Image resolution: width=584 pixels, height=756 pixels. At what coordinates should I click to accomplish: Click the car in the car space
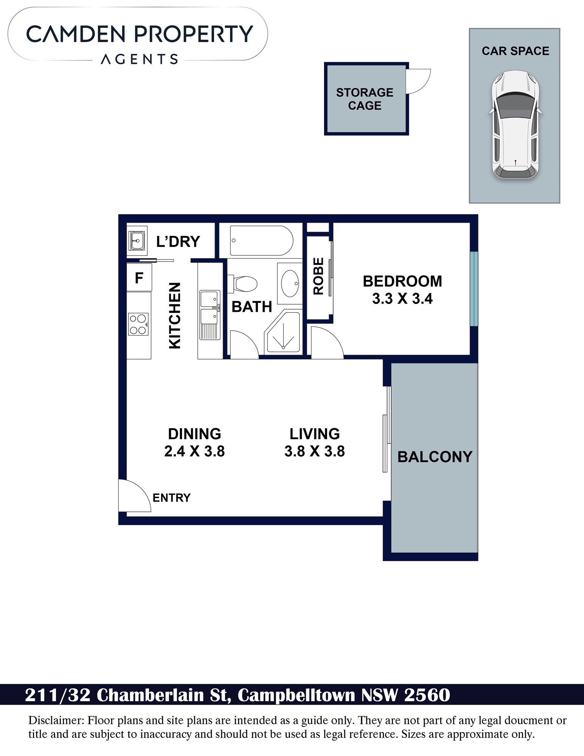coord(516,124)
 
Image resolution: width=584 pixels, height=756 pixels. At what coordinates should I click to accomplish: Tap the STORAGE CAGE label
coord(365,99)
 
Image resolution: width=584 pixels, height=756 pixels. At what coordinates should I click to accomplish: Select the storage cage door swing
coord(418,81)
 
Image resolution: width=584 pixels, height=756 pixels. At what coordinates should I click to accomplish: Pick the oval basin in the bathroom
coord(290,283)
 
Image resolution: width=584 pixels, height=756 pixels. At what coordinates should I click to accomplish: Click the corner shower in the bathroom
coord(283,332)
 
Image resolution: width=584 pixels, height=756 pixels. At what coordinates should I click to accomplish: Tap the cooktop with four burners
coord(138,324)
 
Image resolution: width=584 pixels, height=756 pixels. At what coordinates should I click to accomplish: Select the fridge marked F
coord(139,278)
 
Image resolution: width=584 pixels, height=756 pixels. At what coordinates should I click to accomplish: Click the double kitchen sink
coord(210,315)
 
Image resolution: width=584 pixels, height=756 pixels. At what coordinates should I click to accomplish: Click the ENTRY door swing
coord(135,496)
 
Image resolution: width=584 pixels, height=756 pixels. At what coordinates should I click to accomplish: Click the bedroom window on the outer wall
coord(474,289)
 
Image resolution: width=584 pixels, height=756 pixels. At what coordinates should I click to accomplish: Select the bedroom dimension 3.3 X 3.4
coord(402,299)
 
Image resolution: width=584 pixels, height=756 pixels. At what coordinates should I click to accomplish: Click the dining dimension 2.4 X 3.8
coord(194,451)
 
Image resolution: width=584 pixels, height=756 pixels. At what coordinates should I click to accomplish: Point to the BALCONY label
coord(435,457)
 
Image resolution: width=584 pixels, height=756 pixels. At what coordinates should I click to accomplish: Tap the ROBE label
coord(319,276)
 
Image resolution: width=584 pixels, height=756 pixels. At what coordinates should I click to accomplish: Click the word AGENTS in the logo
coord(139,59)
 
